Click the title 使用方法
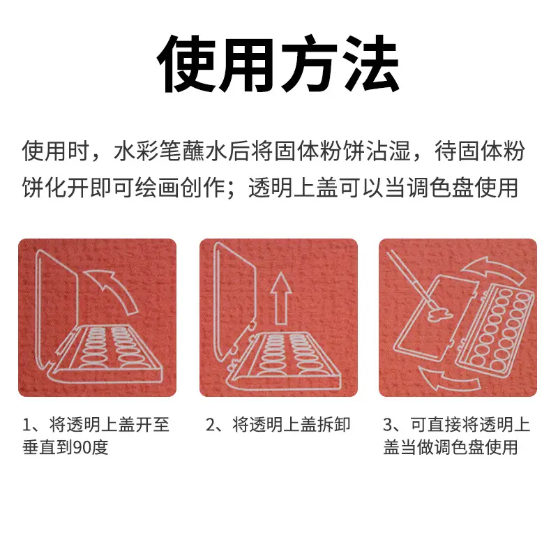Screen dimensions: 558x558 point(278,64)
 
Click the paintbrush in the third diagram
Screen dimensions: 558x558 point(409,278)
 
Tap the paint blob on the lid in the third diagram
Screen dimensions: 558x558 point(440,314)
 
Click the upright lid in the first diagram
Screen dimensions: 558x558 point(57,309)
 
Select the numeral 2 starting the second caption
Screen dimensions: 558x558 point(211,425)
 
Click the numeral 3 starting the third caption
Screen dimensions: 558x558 point(388,425)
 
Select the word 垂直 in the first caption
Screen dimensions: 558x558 point(39,447)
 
